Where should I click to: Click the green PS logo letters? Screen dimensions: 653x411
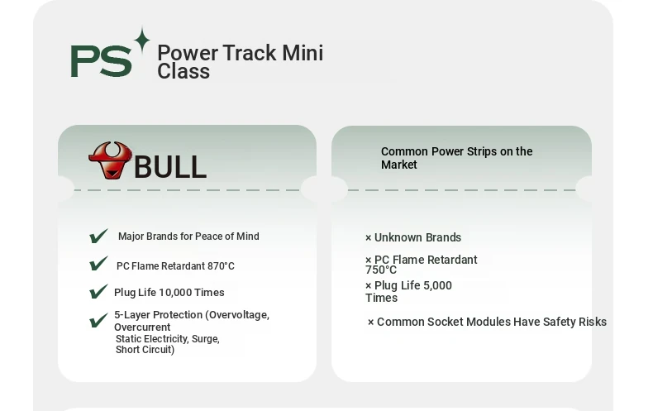[x=101, y=61]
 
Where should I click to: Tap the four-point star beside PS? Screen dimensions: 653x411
[x=142, y=40]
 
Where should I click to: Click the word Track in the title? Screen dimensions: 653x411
[x=250, y=53]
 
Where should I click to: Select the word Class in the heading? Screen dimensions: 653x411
[x=184, y=71]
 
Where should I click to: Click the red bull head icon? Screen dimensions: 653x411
[x=111, y=160]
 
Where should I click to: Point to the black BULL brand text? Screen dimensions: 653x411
[x=170, y=167]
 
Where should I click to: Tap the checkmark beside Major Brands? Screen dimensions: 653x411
[x=98, y=236]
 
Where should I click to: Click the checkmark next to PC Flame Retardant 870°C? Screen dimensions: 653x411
[x=98, y=264]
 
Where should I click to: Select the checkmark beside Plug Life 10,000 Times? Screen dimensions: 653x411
[x=98, y=291]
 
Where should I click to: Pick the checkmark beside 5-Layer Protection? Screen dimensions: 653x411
[x=98, y=320]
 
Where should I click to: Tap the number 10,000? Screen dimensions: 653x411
[x=175, y=293]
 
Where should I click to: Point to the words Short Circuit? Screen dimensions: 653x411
[x=145, y=350]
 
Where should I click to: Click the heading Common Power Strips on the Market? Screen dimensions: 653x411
[x=456, y=158]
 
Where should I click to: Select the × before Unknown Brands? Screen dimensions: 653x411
[x=368, y=238]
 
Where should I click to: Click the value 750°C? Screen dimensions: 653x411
[x=381, y=270]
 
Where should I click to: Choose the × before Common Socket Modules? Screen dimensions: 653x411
[x=370, y=323]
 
